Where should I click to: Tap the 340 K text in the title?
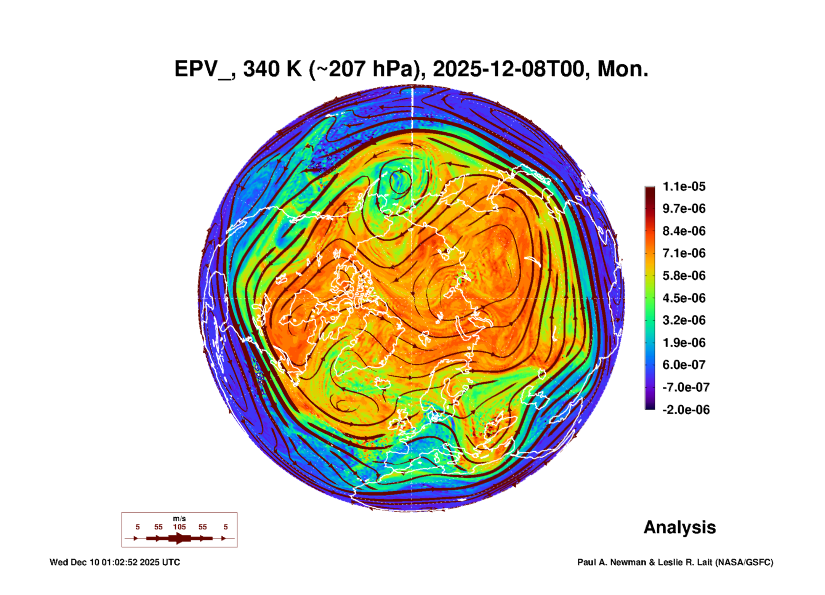[x=272, y=69]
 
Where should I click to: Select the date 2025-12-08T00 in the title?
[x=509, y=69]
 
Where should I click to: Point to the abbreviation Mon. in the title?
[x=623, y=69]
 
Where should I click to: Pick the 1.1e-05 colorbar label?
[x=684, y=186]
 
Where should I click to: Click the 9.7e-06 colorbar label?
[x=684, y=208]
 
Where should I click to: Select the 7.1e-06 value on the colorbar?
[x=684, y=253]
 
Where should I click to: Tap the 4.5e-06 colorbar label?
[x=684, y=298]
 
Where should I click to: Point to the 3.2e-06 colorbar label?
[x=684, y=320]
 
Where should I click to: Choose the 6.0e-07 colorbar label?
[x=684, y=365]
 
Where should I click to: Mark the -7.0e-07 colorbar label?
[x=686, y=387]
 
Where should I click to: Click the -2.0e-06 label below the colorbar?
[x=686, y=410]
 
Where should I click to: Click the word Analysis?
[x=679, y=528]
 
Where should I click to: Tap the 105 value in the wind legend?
[x=179, y=527]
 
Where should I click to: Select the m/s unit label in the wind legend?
[x=179, y=518]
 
